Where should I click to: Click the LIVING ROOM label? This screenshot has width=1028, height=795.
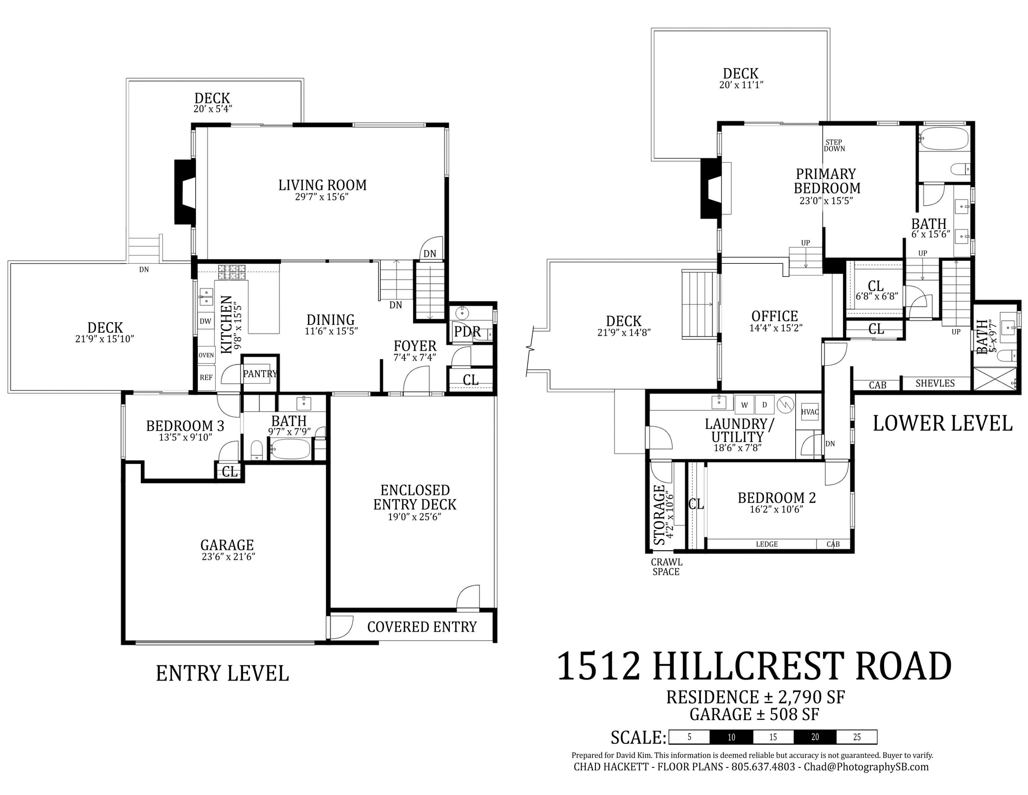coord(322,185)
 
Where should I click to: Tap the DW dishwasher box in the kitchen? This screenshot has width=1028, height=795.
coord(205,322)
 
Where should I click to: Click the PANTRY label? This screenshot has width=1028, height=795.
coord(260,374)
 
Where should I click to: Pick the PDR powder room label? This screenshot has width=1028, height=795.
coord(467,332)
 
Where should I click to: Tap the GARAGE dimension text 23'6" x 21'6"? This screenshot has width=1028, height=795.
coord(228,557)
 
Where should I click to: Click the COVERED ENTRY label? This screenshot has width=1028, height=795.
coord(422,627)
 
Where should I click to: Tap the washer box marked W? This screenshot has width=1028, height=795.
coord(744,405)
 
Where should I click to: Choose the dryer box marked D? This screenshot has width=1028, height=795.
coord(764,405)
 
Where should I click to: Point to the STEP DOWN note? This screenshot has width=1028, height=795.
coord(834,145)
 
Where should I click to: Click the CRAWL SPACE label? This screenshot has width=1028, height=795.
coord(666,567)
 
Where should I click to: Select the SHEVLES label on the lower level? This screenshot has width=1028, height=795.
coord(935,383)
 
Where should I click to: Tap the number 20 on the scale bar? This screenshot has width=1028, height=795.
coord(815,737)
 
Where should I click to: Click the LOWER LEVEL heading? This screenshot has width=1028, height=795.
coord(942,424)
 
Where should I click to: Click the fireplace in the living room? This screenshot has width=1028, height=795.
coord(185,192)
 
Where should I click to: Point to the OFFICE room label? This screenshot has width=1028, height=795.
coord(774,316)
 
